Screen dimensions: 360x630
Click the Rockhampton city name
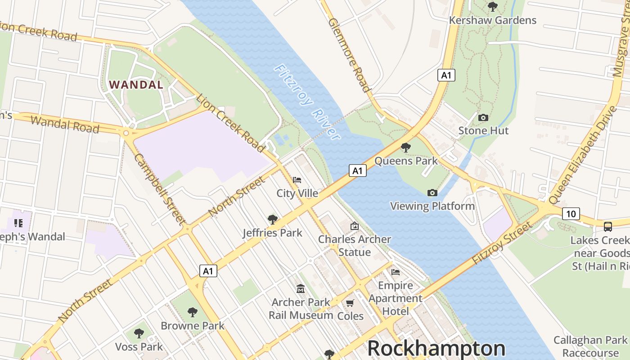click(x=436, y=348)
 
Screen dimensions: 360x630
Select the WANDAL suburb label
click(x=136, y=85)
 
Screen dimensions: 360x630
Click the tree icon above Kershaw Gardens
click(x=493, y=7)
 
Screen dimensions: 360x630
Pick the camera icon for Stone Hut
click(x=483, y=117)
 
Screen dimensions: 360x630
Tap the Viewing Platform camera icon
click(x=432, y=193)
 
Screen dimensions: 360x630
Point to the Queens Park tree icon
click(x=405, y=147)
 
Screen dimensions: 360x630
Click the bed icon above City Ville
click(x=297, y=180)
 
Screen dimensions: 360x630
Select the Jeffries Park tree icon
click(x=272, y=220)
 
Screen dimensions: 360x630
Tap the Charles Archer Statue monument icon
click(x=355, y=226)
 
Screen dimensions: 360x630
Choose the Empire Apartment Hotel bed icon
click(x=396, y=272)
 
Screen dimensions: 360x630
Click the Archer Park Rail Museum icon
click(x=300, y=288)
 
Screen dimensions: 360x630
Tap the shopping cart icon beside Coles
click(x=350, y=303)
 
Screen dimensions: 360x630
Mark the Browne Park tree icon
click(x=193, y=312)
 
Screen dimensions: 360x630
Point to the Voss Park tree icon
click(x=139, y=333)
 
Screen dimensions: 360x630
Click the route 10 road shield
click(x=571, y=214)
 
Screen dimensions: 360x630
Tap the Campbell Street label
click(x=159, y=189)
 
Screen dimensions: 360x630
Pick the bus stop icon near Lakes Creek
click(x=608, y=226)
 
